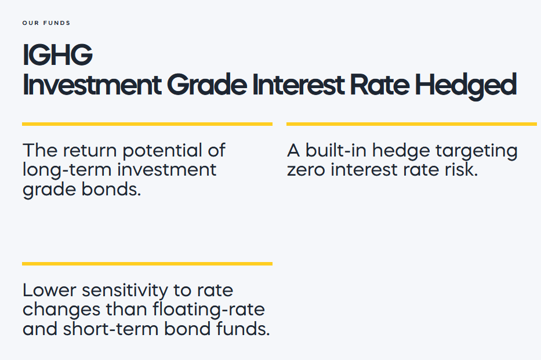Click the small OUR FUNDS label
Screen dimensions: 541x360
46,23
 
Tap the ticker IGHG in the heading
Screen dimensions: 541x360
57,55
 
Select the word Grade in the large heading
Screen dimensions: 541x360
207,85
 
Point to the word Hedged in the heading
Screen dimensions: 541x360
466,86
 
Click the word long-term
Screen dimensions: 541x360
68,170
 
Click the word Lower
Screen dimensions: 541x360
49,290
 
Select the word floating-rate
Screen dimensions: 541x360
209,310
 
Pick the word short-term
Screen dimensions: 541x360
110,329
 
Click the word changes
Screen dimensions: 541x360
61,310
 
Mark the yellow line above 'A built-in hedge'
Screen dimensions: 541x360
412,124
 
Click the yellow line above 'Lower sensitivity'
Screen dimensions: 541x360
147,264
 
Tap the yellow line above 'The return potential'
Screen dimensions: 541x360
147,124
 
